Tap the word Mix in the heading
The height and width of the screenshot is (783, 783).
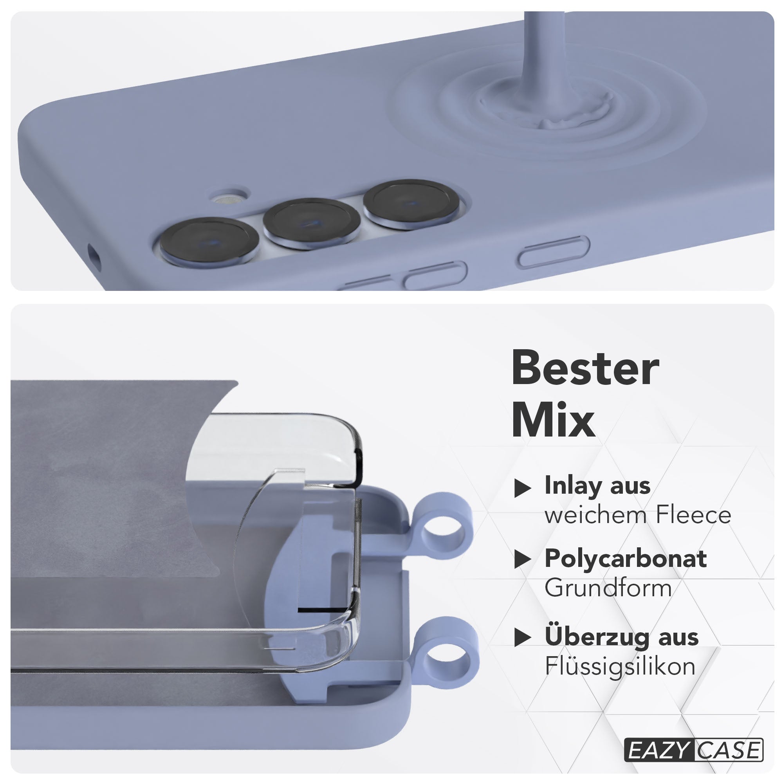click(553, 422)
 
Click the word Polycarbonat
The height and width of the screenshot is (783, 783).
click(626, 559)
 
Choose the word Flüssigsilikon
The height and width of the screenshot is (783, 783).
click(620, 667)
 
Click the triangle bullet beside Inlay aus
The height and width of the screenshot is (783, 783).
click(522, 488)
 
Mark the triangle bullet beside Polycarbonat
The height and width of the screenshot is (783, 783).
click(522, 560)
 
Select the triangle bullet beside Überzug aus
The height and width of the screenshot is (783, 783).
click(522, 638)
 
